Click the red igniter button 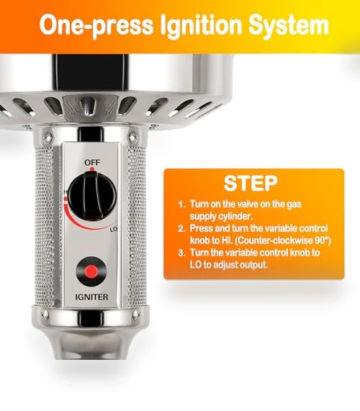coord(91,271)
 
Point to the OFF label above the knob coord(92,163)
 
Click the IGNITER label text coord(91,297)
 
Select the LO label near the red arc coord(114,230)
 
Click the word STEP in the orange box coord(251,184)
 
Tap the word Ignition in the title coord(201,24)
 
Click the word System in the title coord(289,25)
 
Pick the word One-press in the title coord(96,25)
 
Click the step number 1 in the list coord(181,204)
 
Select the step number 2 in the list coord(181,229)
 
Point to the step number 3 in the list coord(181,253)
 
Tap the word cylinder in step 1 coord(238,217)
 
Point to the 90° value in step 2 coord(323,240)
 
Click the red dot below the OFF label coord(92,169)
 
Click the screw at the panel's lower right coord(135,314)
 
